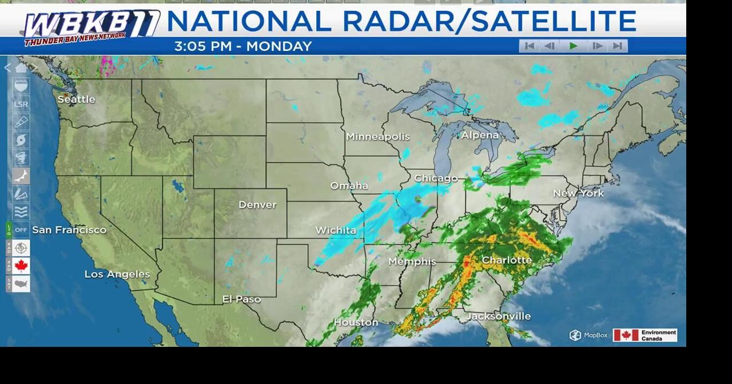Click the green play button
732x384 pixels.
574,46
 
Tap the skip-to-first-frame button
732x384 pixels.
530,46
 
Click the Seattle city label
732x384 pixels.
76,99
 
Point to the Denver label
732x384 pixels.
257,205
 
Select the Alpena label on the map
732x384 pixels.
480,135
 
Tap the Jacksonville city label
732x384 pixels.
499,316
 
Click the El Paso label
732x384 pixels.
241,299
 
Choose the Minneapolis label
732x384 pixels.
377,137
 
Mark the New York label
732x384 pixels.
578,193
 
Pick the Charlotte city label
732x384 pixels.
507,260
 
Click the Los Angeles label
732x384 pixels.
117,274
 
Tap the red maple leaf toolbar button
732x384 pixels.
21,266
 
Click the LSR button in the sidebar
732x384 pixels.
21,105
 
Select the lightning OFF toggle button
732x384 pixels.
21,230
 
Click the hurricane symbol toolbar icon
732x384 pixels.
21,140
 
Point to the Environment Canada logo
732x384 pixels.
645,335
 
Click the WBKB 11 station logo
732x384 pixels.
91,27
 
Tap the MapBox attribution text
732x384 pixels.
589,335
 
